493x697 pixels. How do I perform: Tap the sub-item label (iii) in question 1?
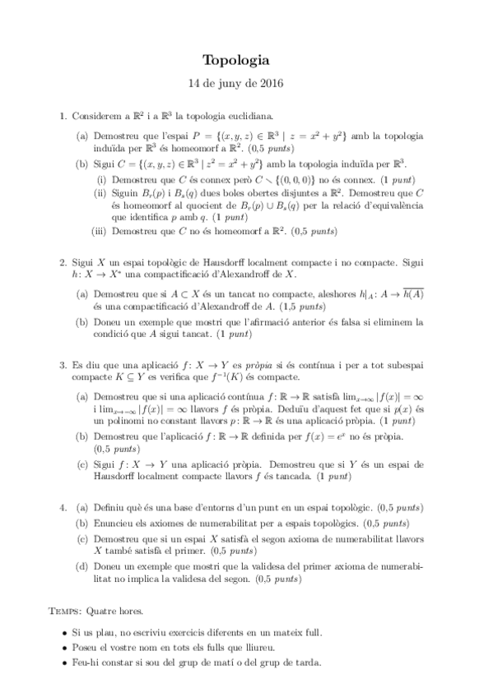point(102,231)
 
